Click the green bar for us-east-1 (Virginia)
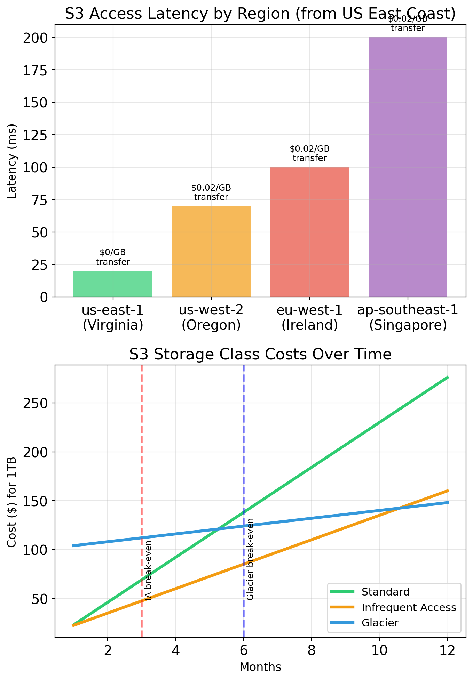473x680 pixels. [113, 283]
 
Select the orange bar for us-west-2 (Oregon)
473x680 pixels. [211, 251]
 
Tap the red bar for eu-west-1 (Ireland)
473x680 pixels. [310, 232]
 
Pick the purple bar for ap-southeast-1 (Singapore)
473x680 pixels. [408, 167]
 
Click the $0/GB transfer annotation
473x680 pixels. [113, 257]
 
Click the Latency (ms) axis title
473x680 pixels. [12, 161]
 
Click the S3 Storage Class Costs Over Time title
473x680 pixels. [260, 355]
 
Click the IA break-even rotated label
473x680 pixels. [148, 570]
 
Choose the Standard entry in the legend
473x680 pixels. [385, 592]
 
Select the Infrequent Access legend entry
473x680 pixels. [409, 607]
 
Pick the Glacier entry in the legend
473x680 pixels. [380, 623]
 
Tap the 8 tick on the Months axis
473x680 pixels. [311, 650]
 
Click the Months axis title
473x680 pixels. [260, 667]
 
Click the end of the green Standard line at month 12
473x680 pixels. [448, 377]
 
